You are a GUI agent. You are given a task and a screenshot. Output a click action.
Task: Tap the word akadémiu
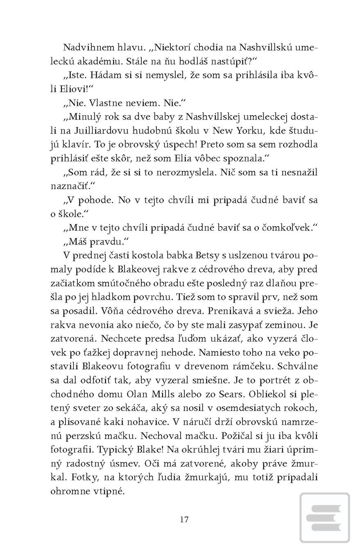pos(95,61)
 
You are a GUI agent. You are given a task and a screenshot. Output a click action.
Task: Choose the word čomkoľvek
pos(286,228)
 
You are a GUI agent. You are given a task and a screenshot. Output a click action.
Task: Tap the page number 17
pos(184,519)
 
